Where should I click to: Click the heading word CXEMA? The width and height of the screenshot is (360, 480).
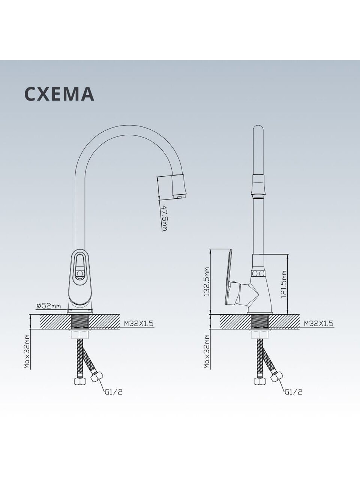point(59,94)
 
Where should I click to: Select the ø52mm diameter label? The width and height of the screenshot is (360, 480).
point(49,306)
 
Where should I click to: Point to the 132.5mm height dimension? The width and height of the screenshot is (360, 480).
point(206,282)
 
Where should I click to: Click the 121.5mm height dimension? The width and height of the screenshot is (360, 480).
point(284,284)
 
